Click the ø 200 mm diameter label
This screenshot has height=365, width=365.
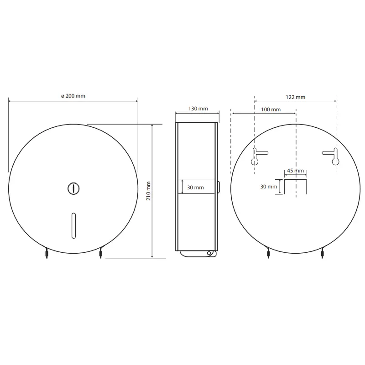click(x=73, y=96)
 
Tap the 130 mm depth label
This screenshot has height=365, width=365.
click(x=198, y=109)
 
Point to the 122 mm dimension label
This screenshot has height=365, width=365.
click(x=295, y=97)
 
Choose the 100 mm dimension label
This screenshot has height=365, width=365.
click(x=271, y=109)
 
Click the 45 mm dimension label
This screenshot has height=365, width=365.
click(x=296, y=171)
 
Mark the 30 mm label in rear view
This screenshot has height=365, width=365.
click(x=269, y=187)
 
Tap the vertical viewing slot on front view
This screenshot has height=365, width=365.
click(x=73, y=225)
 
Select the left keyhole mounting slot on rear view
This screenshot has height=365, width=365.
click(x=256, y=156)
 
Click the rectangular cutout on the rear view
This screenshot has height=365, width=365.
click(x=296, y=186)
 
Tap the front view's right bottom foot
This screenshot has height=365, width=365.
click(x=100, y=253)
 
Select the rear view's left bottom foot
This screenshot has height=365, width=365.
click(x=268, y=253)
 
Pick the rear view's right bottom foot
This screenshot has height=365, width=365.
click(x=323, y=253)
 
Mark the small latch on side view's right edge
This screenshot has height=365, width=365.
click(x=219, y=187)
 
